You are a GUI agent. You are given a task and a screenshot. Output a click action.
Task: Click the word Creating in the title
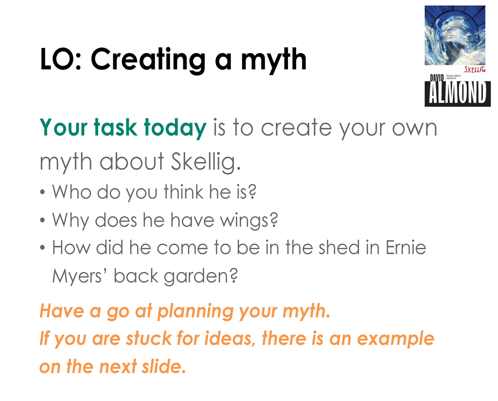click(x=148, y=60)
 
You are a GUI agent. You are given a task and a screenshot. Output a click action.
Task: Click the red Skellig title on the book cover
click(x=475, y=69)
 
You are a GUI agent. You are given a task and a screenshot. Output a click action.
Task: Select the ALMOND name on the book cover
click(x=458, y=93)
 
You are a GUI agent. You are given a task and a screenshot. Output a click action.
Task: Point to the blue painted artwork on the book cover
click(x=455, y=35)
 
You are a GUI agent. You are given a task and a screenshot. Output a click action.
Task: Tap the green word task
click(x=115, y=128)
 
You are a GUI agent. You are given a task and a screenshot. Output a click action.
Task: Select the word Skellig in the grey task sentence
click(x=206, y=162)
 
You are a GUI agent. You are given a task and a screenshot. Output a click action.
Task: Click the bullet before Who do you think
click(x=42, y=193)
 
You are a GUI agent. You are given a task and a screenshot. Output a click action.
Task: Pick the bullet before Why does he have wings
click(x=42, y=220)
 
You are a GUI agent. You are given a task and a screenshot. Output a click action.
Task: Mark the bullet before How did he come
click(x=42, y=248)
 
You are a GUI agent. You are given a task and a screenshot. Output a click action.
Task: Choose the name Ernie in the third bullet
click(x=406, y=248)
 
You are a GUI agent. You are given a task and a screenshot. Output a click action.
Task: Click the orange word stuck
click(x=149, y=338)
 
